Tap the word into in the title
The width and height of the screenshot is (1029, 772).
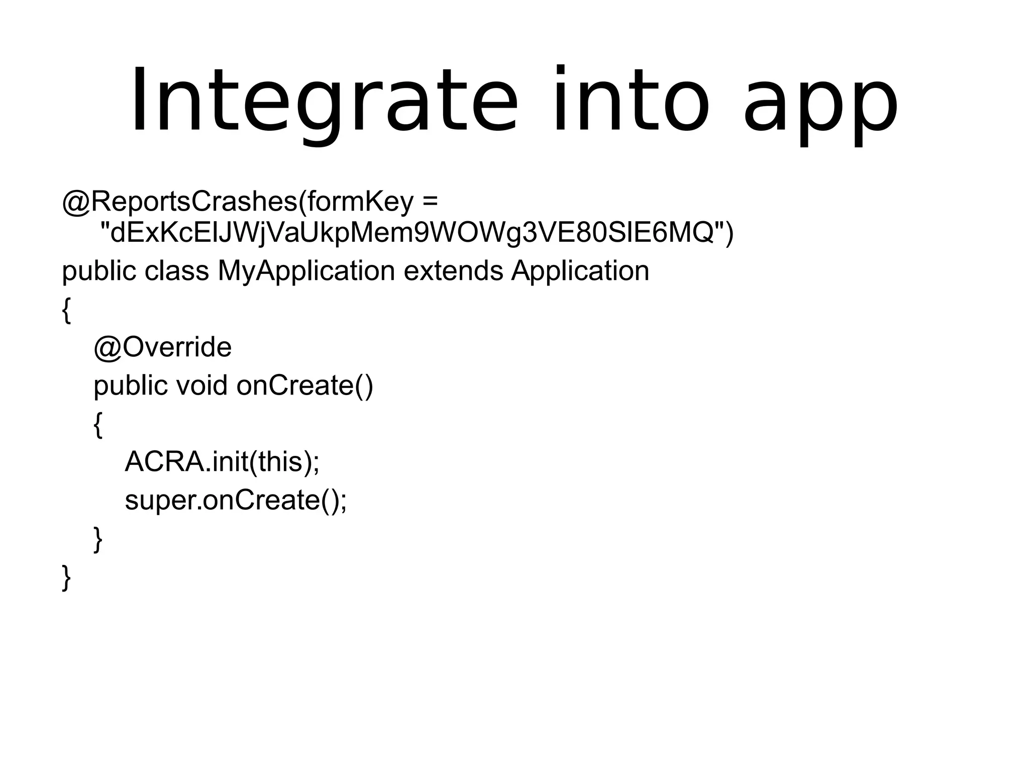coord(631,101)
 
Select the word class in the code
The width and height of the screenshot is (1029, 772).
coord(176,271)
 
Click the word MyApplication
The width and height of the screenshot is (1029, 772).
coord(306,272)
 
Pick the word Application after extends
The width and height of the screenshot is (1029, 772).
coord(580,272)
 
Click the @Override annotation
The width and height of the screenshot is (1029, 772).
coord(162,347)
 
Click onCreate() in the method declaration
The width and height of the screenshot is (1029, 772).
coord(304,385)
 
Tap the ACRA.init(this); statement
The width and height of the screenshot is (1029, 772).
coord(222,461)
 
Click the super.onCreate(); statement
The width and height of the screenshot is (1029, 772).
coord(236,500)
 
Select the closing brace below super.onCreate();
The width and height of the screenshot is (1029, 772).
coord(98,539)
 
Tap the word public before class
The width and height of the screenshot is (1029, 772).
coord(99,272)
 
